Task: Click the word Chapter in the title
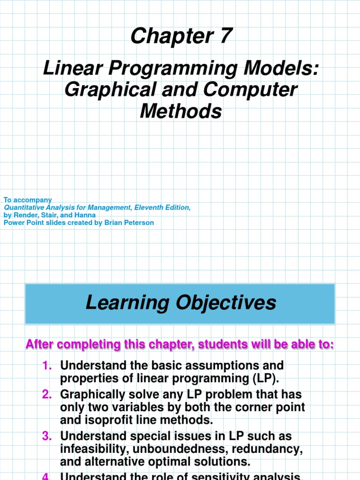pos(171,36)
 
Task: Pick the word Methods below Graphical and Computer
pos(180,111)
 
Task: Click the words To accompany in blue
pos(28,200)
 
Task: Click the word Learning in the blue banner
pos(128,303)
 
